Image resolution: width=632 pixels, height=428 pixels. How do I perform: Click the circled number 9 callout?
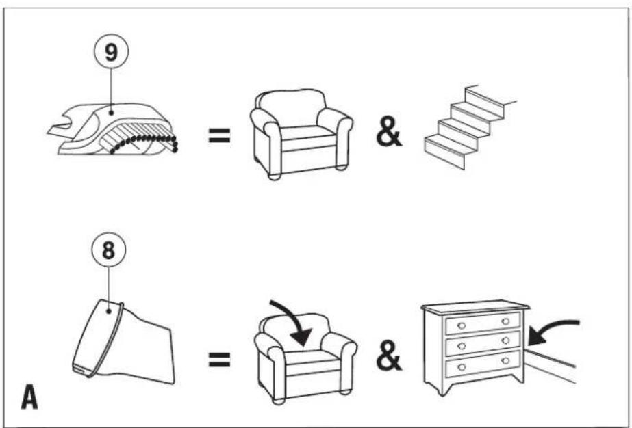tap(111, 51)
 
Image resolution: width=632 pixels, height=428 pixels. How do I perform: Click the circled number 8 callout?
tap(109, 250)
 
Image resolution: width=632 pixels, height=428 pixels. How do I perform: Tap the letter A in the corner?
tap(29, 397)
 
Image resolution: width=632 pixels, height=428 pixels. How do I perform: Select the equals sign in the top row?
tap(219, 135)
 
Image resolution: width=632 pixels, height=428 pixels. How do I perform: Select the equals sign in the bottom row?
tap(219, 359)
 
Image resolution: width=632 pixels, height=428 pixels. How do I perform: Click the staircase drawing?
tap(470, 127)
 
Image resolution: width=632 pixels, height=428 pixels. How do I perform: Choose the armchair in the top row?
tap(301, 134)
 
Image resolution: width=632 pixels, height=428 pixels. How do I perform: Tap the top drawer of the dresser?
tap(483, 323)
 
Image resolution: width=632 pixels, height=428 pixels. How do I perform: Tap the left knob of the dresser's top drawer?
tap(462, 325)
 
